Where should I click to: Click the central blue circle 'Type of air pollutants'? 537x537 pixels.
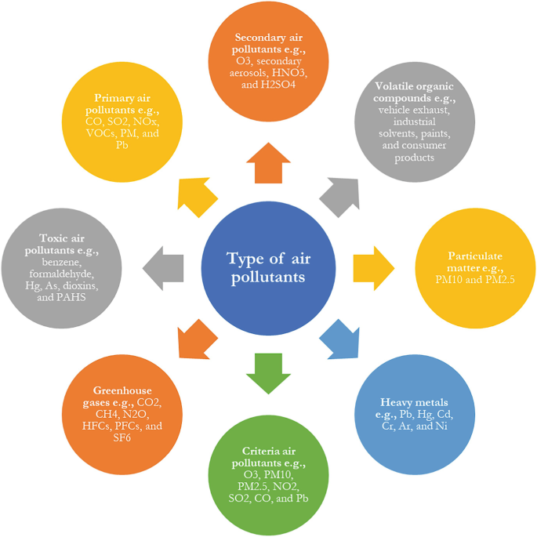coord(268,267)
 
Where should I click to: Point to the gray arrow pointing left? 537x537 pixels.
coord(164,266)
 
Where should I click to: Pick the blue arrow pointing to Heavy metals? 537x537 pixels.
coord(339,338)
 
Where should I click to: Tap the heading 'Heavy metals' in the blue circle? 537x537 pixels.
coord(414,402)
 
